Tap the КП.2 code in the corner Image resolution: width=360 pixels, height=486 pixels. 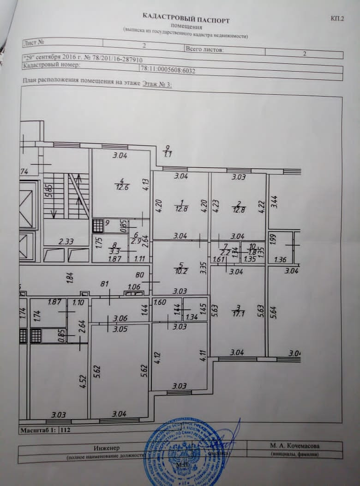(x=337, y=18)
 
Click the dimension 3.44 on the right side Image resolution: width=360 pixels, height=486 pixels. (x=274, y=201)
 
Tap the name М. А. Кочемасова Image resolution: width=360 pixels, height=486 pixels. (x=294, y=446)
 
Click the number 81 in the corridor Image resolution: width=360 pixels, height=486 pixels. (x=104, y=284)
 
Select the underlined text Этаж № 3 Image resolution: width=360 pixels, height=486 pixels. (x=157, y=83)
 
